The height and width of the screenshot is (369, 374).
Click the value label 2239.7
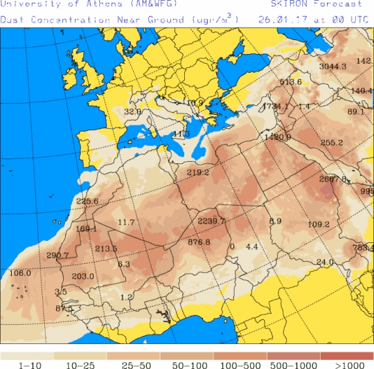pos(211,220)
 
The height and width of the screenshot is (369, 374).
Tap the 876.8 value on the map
pos(199,242)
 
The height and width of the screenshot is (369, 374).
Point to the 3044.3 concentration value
pos(332,66)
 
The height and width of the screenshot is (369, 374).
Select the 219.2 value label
pos(198,172)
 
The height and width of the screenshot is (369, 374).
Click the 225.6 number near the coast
pos(87,202)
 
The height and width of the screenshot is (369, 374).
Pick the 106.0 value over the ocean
pos(21,273)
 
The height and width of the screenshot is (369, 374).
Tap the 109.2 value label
pos(318,224)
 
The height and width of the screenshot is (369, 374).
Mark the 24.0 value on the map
pos(325,262)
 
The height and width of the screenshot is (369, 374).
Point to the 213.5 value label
pos(106,249)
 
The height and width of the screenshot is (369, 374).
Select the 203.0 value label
pos(82,277)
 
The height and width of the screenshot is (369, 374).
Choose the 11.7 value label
pos(126,222)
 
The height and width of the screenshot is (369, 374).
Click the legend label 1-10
pos(27,365)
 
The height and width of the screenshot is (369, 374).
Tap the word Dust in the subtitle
pos(13,19)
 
